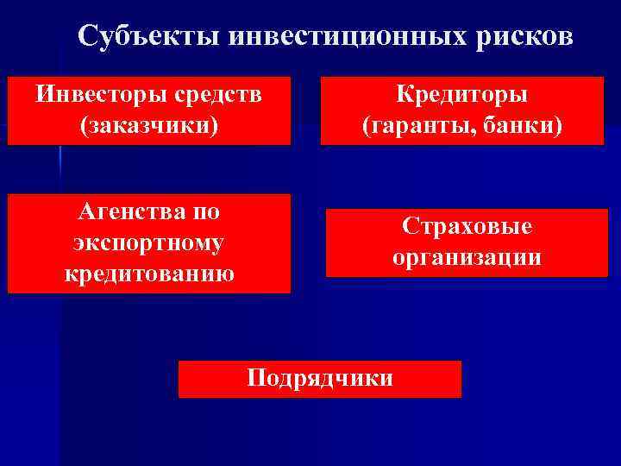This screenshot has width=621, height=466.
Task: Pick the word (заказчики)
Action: pos(148,125)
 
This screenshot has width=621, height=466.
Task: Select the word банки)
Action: pos(521,126)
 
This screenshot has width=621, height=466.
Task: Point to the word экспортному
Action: pos(148,243)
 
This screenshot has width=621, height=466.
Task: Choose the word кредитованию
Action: pos(148,274)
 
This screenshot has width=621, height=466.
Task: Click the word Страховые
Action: pos(467,225)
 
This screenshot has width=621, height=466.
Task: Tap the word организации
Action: pos(467,257)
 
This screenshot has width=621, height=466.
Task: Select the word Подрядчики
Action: pos(320,377)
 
